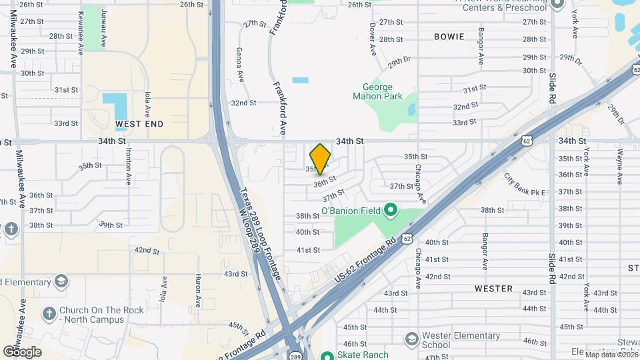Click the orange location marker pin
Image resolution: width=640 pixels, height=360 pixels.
pos(321,159)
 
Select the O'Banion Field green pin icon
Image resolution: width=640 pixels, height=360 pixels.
pos(391,211)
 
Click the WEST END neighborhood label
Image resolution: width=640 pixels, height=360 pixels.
pos(139,124)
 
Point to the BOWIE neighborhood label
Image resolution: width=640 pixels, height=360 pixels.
pos(449,37)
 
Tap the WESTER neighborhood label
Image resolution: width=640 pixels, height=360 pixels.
pos(493,289)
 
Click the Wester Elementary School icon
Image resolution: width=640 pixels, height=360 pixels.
pos(411,340)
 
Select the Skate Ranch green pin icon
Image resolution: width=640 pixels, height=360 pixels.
pos(327,355)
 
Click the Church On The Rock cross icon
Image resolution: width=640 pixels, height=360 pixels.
pos(49,313)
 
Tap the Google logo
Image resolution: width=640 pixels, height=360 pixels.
pos(22,352)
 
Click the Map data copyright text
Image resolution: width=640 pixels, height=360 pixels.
pos(611,355)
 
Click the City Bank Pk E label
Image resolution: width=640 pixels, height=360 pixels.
pos(525,186)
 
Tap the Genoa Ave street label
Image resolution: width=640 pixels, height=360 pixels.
pos(240,65)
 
